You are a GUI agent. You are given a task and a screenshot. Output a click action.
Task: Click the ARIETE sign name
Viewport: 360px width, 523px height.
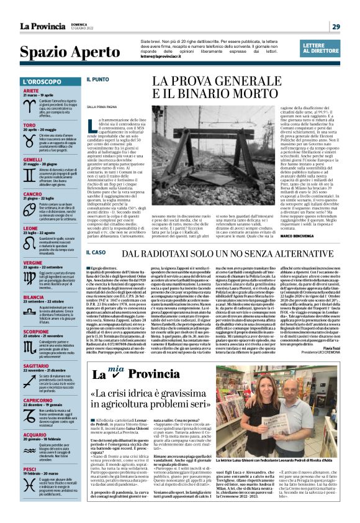pos(31,91)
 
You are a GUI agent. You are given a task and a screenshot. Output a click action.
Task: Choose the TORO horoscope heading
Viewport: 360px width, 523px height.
pos(29,125)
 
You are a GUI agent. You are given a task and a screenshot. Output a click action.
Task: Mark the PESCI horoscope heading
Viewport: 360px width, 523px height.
pos(29,469)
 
